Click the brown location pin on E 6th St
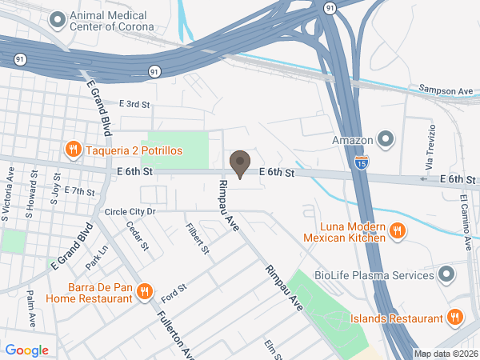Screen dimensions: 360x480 click(x=239, y=164)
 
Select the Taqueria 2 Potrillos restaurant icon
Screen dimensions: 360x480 click(x=72, y=150)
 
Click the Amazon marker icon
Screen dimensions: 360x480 click(x=386, y=141)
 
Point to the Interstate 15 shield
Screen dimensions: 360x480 click(x=362, y=162)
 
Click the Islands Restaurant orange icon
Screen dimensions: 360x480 click(x=455, y=318)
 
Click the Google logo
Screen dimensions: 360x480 click(x=27, y=350)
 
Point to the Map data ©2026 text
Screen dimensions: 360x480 click(x=445, y=354)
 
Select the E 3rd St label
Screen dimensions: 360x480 click(x=134, y=104)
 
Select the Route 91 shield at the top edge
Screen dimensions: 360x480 click(x=330, y=6)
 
